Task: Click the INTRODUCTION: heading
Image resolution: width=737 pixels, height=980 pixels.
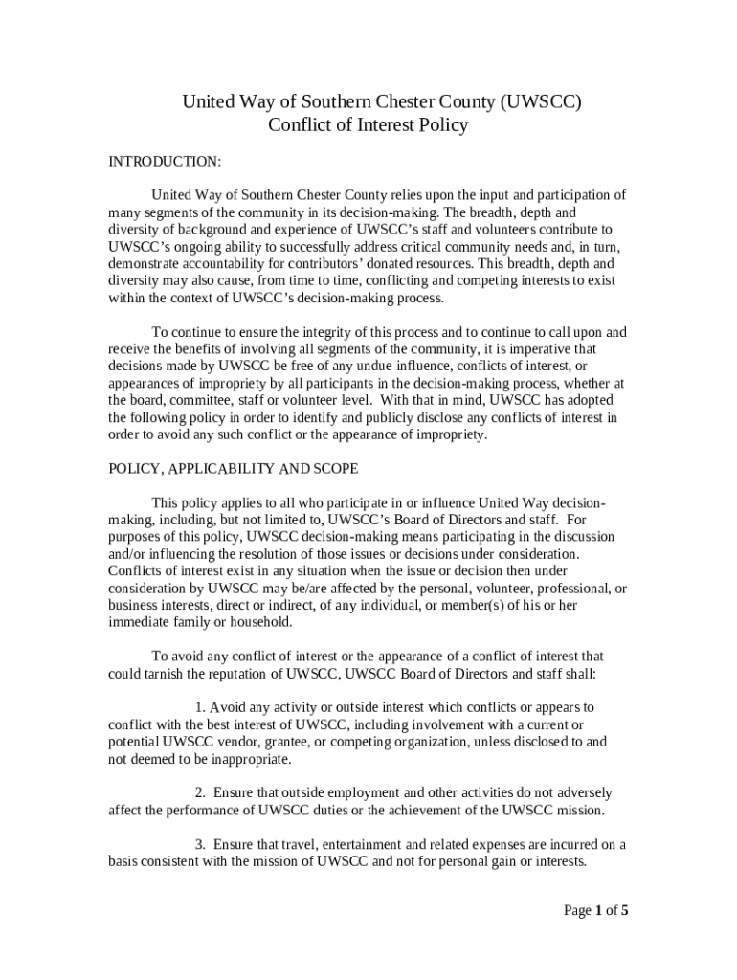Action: coord(165,162)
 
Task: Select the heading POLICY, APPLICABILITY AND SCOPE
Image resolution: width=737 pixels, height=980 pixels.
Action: coord(234,469)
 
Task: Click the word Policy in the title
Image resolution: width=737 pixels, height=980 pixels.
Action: coord(438,125)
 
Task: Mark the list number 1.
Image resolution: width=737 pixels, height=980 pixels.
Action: coord(199,707)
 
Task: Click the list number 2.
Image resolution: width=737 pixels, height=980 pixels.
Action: coord(199,793)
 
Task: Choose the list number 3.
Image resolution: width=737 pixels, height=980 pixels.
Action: coord(199,844)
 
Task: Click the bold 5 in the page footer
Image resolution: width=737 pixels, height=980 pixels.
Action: coord(625,910)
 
